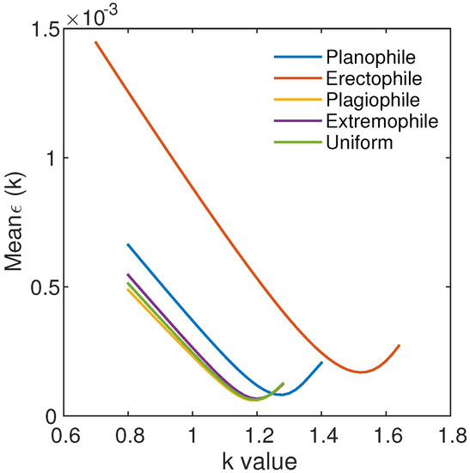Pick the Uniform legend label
coord(359,142)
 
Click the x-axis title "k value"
coord(256,460)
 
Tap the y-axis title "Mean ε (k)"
coord(15,224)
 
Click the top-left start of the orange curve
coord(95,41)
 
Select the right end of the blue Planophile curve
coord(321,362)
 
